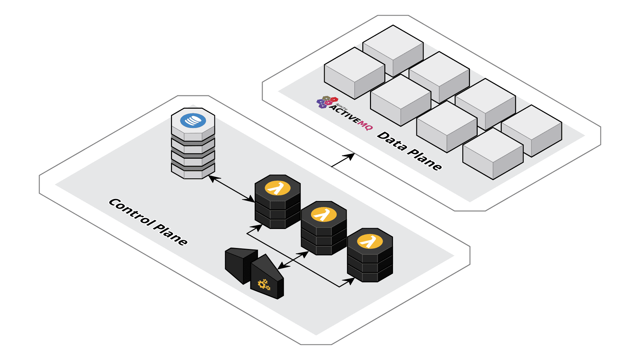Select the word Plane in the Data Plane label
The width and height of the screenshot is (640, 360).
pos(425,160)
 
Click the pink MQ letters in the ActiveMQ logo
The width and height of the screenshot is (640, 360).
pos(365,125)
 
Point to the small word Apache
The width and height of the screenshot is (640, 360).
pos(341,107)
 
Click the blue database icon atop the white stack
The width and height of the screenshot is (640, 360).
pos(193,120)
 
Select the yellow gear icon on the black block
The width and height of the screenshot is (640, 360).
pos(264,284)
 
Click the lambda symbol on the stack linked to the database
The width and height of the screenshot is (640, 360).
pos(277,188)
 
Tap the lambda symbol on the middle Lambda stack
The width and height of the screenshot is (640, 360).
pos(323,215)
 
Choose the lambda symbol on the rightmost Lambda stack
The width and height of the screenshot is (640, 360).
pos(370,242)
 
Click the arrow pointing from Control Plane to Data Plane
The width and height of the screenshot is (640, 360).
pos(343,160)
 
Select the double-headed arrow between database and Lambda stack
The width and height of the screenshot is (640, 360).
pos(232,189)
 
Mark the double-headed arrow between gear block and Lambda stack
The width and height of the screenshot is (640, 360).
pos(293,260)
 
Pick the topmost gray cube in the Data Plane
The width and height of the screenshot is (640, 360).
pos(393,50)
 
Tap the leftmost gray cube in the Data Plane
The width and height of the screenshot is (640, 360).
pos(354,73)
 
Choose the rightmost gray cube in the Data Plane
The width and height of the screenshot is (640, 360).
pos(532,131)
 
